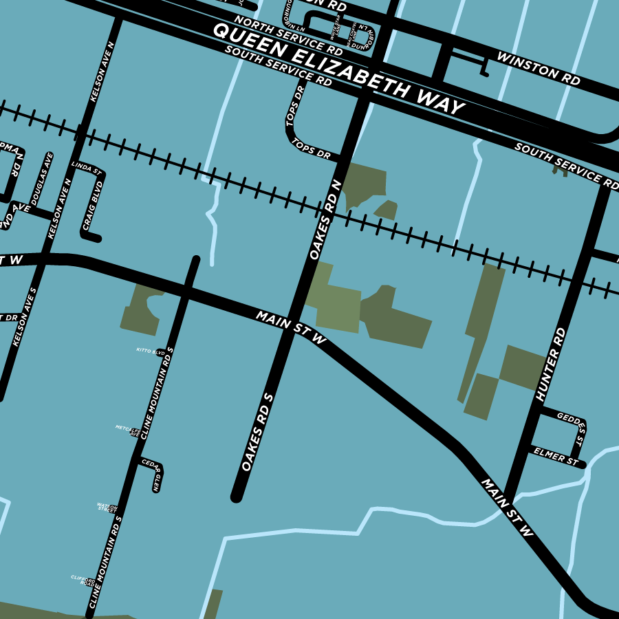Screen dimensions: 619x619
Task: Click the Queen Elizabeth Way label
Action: pos(338,69)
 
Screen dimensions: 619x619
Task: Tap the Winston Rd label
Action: pos(539,68)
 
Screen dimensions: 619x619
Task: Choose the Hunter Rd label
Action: pos(550,365)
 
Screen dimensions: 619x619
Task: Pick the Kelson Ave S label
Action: pos(23,316)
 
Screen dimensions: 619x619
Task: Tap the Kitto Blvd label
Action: pos(151,351)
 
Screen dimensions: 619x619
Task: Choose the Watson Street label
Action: pos(107,508)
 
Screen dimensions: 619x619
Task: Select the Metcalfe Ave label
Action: pos(128,431)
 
